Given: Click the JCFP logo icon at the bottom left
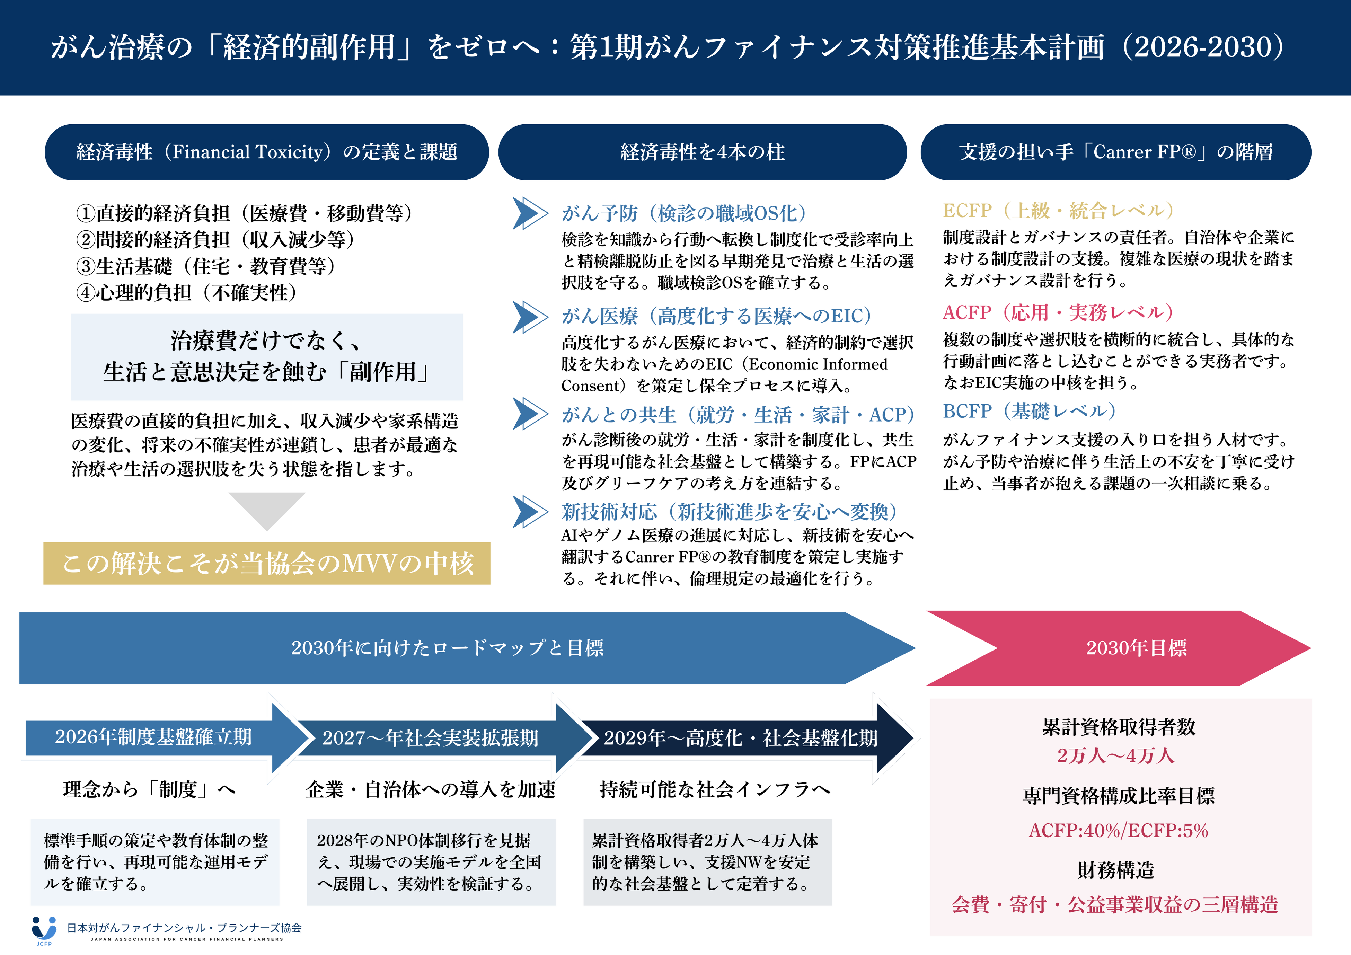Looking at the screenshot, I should pos(44,929).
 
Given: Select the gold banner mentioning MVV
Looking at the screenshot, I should pos(266,563).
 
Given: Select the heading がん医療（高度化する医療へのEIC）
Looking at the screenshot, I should pos(716,316).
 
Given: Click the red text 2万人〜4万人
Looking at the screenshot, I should pos(1116,755).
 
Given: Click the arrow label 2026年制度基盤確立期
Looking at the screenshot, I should pos(153,737).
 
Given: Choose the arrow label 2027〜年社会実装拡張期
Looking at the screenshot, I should pos(430,738).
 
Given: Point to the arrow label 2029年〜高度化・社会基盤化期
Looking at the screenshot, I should pos(740,738).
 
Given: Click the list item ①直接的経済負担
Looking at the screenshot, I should pos(244,213).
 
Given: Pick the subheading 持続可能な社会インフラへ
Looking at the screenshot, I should pos(715,789).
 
